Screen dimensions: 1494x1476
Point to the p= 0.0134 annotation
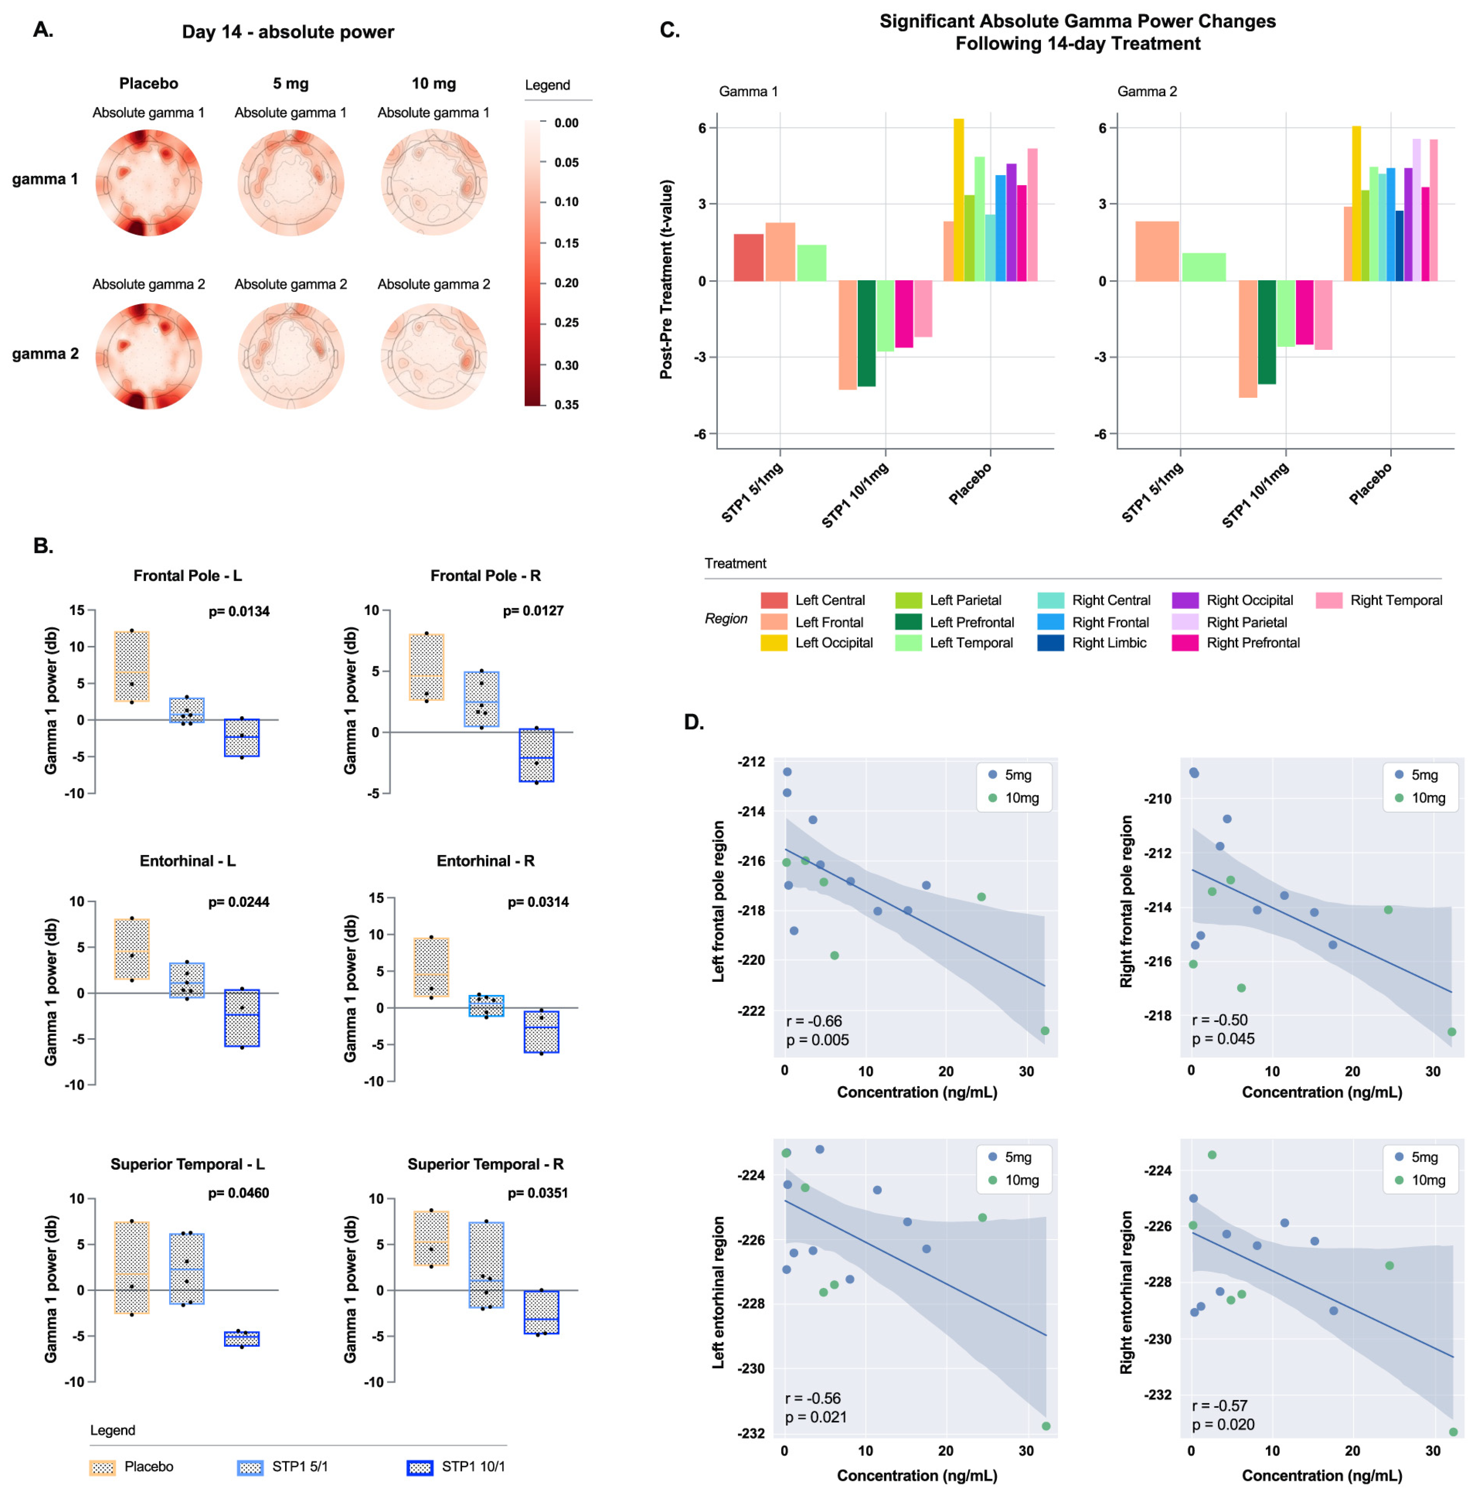pyautogui.click(x=239, y=612)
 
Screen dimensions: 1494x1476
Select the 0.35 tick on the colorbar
pyautogui.click(x=566, y=404)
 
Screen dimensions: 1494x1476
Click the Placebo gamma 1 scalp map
pyautogui.click(x=149, y=182)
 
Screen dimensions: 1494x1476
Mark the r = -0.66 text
pyautogui.click(x=813, y=1021)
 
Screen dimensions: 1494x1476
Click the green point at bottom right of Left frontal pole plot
pyautogui.click(x=1045, y=1031)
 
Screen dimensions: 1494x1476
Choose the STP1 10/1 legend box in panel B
pyautogui.click(x=420, y=1467)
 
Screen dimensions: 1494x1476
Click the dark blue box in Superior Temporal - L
pyautogui.click(x=242, y=1339)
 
